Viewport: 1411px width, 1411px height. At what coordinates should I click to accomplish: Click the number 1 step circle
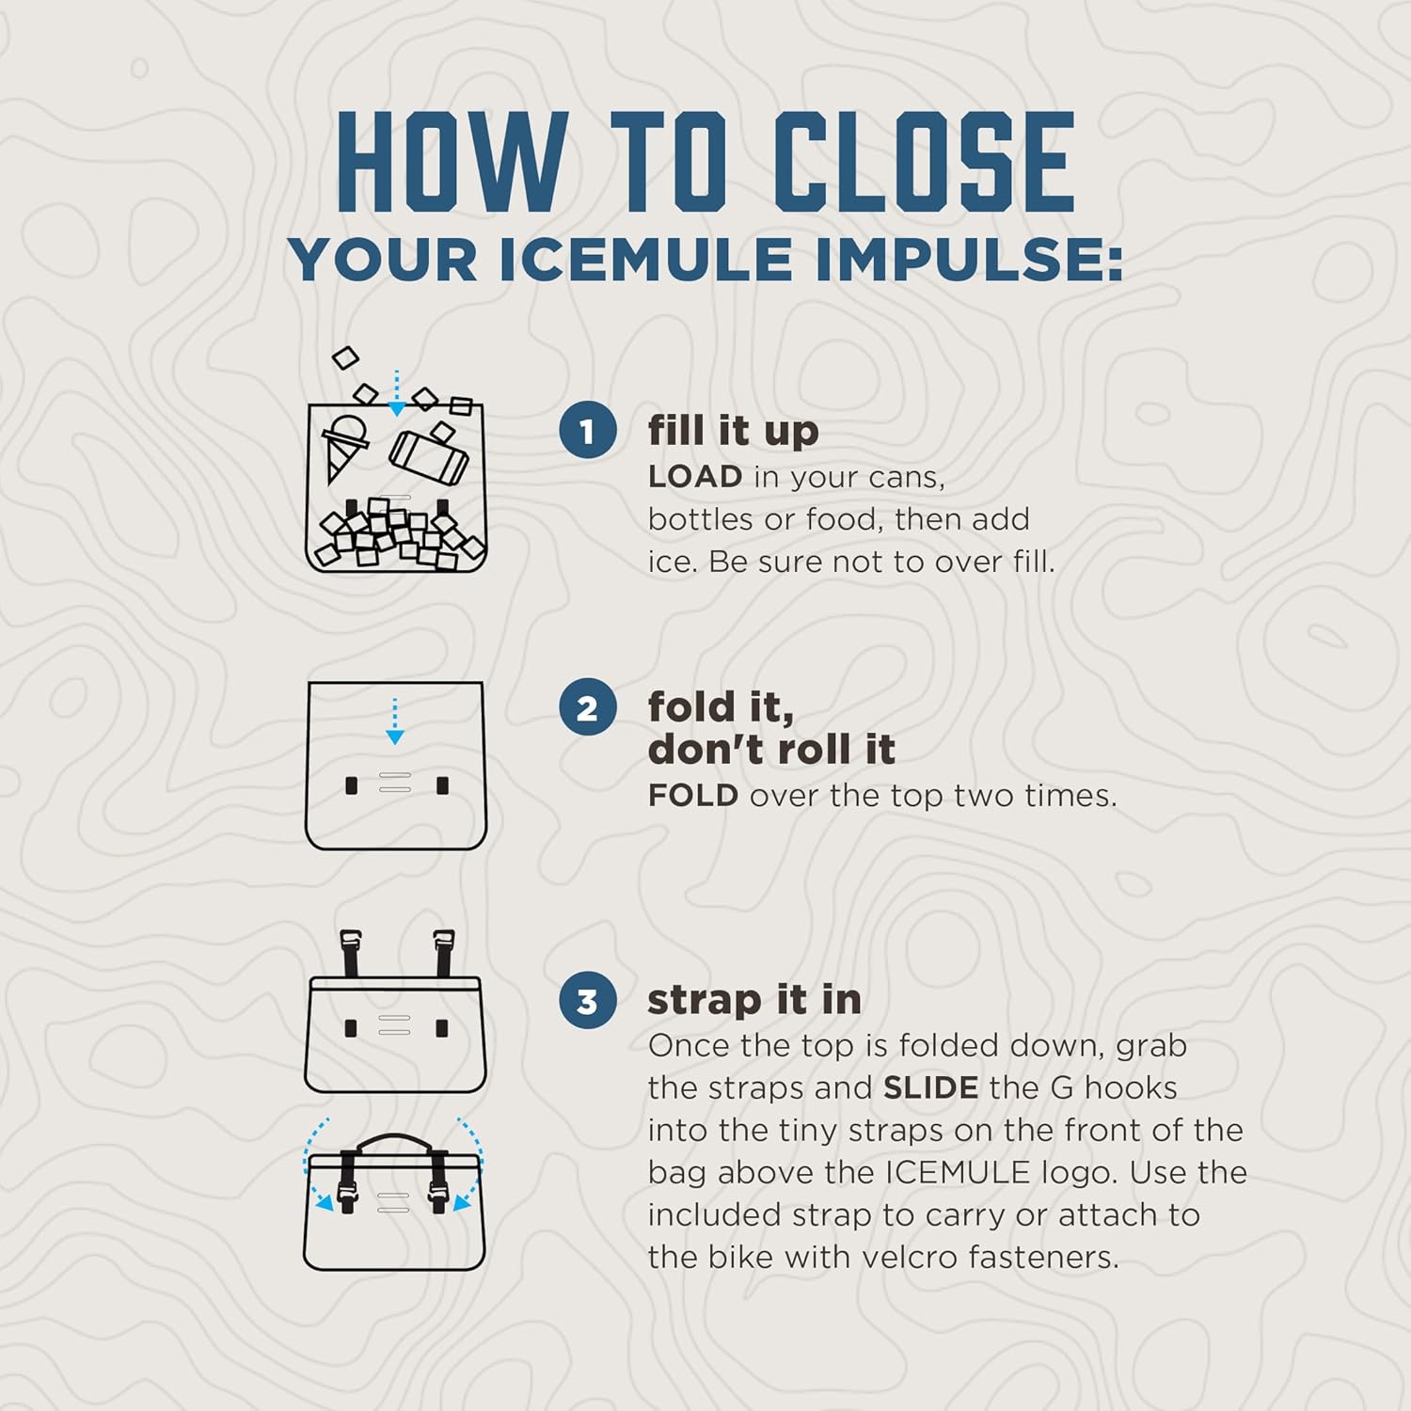click(587, 431)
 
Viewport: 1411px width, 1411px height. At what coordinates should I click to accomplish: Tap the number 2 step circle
click(587, 707)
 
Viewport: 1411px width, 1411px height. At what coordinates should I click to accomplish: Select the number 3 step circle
click(587, 1001)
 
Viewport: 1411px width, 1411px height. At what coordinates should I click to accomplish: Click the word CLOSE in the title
click(924, 162)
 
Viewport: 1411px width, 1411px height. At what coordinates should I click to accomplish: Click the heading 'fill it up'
click(733, 431)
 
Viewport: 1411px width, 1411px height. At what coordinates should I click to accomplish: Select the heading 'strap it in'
click(753, 1000)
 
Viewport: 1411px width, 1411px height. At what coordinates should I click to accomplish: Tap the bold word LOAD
click(695, 477)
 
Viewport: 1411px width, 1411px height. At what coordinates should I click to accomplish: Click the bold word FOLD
click(693, 796)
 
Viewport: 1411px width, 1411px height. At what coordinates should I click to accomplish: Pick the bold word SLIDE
click(930, 1088)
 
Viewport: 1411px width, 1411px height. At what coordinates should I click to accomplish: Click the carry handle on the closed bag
click(394, 1142)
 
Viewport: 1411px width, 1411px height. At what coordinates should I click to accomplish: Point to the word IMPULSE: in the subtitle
click(969, 260)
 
